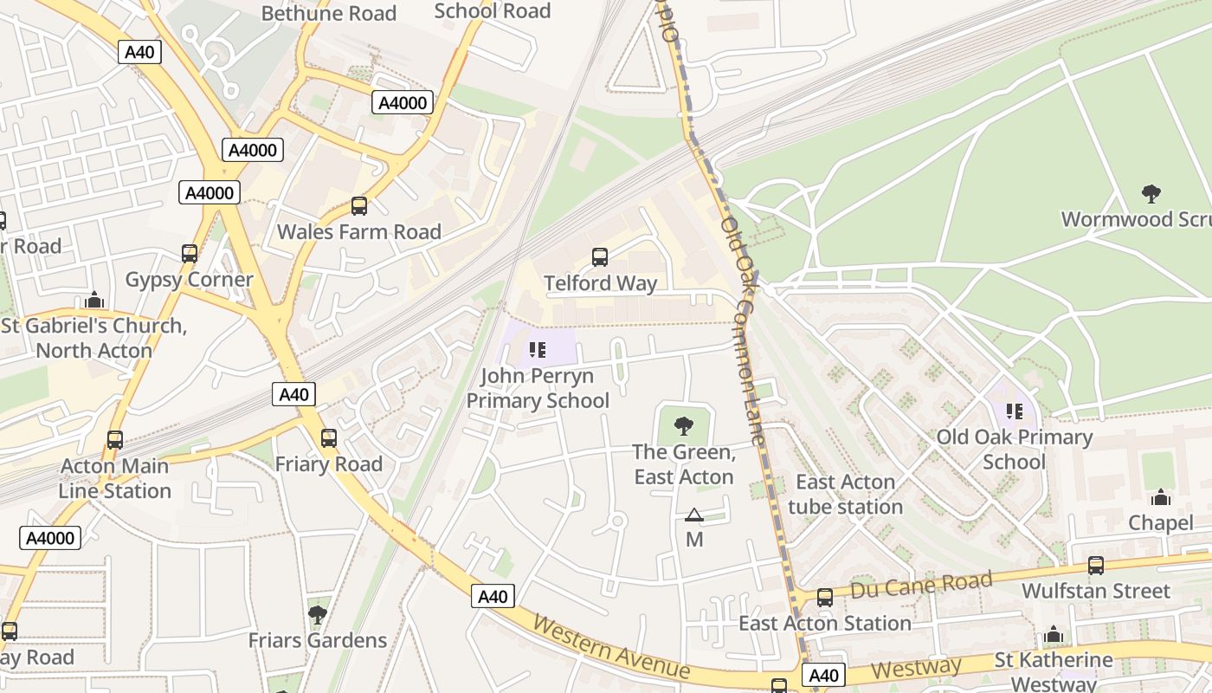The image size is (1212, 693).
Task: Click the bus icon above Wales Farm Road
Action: pos(359,206)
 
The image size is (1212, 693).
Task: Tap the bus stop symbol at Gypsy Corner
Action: pos(190,254)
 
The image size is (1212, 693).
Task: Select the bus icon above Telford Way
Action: pos(600,257)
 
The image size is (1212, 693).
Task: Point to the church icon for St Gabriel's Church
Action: pos(95,301)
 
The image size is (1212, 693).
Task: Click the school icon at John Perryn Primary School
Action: pos(538,350)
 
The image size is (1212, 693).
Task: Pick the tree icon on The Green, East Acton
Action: pos(684,425)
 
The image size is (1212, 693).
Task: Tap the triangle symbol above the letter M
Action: pos(694,515)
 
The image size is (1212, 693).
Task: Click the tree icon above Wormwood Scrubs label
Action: pos(1151,193)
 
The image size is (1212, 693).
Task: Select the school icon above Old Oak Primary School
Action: pos(1014,411)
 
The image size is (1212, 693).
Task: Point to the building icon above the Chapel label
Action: pos(1161,497)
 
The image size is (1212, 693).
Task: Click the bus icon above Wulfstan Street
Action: pos(1096,566)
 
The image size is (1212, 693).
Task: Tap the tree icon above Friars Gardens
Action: pos(318,615)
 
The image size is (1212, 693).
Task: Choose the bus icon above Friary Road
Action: pos(329,438)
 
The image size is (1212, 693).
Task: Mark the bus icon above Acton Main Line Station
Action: pos(115,440)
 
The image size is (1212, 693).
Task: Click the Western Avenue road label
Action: pos(611,647)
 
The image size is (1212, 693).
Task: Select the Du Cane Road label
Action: pos(920,586)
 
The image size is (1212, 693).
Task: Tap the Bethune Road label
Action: pos(328,13)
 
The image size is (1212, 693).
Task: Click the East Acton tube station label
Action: pos(846,494)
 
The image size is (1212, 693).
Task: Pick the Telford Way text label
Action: pos(601,283)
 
